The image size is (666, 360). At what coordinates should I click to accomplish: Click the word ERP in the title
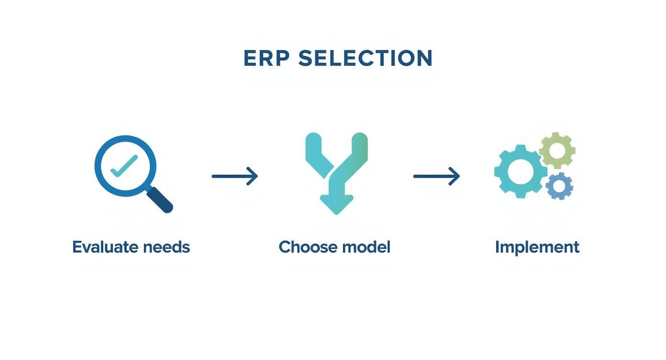pyautogui.click(x=266, y=58)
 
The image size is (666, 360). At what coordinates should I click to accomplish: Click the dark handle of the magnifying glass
pyautogui.click(x=160, y=200)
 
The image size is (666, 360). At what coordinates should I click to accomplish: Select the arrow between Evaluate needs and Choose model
pyautogui.click(x=234, y=176)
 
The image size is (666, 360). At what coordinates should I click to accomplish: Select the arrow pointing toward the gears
pyautogui.click(x=436, y=176)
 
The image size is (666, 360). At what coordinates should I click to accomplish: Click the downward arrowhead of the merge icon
pyautogui.click(x=336, y=204)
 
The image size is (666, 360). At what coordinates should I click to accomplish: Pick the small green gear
pyautogui.click(x=557, y=150)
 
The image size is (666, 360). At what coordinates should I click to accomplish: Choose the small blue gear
pyautogui.click(x=559, y=186)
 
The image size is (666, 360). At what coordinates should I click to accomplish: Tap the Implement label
pyautogui.click(x=537, y=247)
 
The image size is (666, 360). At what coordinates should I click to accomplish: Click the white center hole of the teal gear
pyautogui.click(x=520, y=171)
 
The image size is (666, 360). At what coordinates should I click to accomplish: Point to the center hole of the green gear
pyautogui.click(x=557, y=150)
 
